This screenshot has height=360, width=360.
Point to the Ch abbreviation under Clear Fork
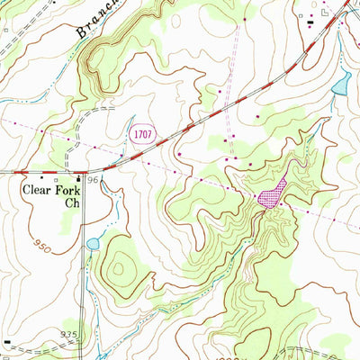pos(73,203)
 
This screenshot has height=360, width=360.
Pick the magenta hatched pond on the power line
pos(271,193)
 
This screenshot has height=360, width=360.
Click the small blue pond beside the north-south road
pos(93,244)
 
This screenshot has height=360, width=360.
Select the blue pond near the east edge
pos(340,85)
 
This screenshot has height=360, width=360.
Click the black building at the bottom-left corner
pos(8,342)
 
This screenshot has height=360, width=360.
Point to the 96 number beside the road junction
pos(92,181)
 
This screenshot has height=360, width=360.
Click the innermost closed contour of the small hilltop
pos(120,267)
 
